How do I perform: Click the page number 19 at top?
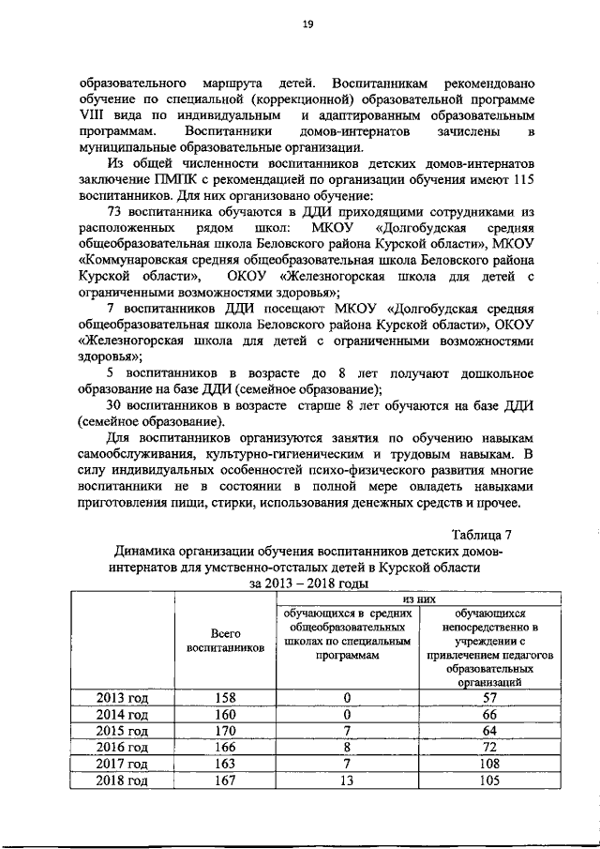pyautogui.click(x=307, y=25)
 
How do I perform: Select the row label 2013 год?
pyautogui.click(x=123, y=697)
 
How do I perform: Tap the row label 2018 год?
pyautogui.click(x=123, y=781)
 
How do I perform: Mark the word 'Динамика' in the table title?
pyautogui.click(x=151, y=552)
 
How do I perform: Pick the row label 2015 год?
pyautogui.click(x=123, y=731)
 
